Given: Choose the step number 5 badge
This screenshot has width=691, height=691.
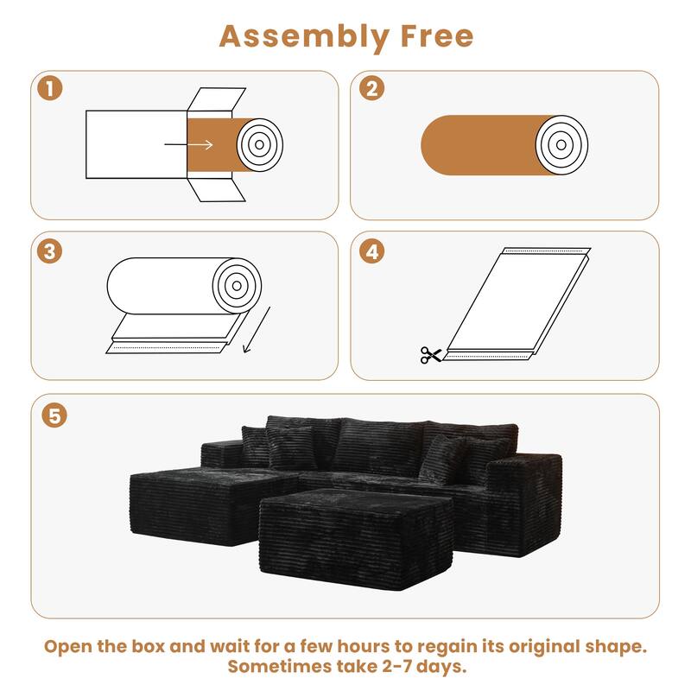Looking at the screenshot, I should click(54, 415).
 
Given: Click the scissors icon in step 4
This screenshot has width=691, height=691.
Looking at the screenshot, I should click(430, 354).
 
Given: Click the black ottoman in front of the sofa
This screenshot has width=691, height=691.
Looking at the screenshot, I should click(355, 535).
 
